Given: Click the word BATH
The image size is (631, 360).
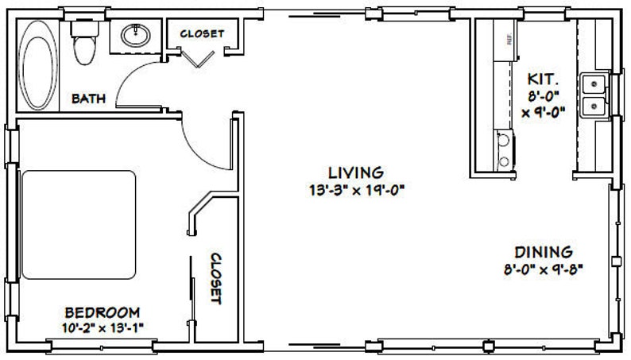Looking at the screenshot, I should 89,99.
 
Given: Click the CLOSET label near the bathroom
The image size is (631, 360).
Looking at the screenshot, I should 202,33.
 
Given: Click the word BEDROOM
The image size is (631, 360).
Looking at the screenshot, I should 103,312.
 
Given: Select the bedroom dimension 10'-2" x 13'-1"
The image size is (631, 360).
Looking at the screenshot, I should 103,326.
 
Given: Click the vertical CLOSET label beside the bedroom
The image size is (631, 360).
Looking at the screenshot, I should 215,278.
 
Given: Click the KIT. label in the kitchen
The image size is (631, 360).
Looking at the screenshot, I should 544,80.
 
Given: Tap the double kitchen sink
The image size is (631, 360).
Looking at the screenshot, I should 592,94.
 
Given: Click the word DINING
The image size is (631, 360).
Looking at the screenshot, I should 544,252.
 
